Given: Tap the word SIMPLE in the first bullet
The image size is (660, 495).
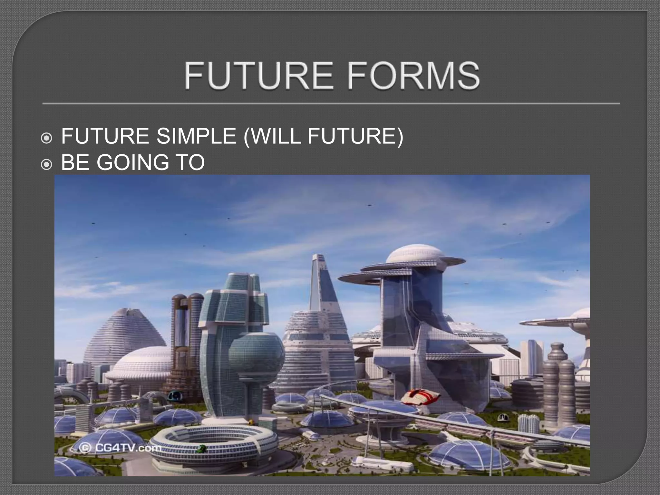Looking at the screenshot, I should click(x=196, y=136).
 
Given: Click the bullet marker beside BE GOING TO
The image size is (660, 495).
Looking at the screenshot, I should click(x=46, y=165).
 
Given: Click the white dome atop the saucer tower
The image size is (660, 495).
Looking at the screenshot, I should click(x=414, y=254).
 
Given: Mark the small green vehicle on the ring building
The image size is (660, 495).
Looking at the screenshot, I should click(x=202, y=449).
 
